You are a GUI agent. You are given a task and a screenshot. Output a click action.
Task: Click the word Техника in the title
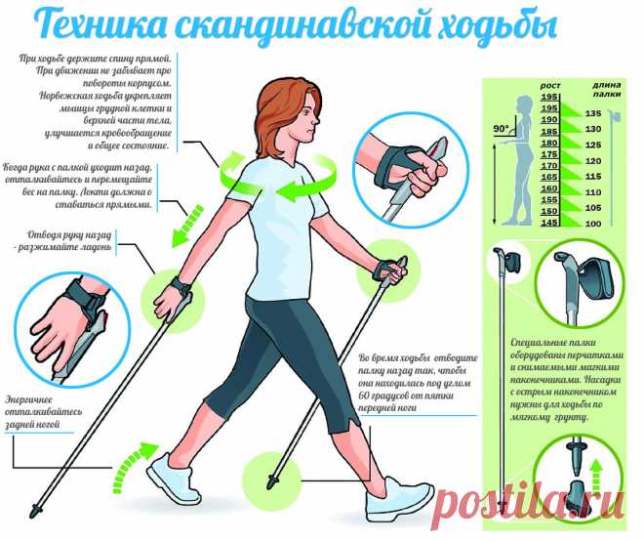(x=99, y=25)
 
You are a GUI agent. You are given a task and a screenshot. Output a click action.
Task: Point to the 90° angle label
(x=501, y=129)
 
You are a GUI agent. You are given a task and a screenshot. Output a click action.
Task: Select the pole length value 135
(x=592, y=113)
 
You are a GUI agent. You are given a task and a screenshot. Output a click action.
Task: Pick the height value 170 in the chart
(x=549, y=166)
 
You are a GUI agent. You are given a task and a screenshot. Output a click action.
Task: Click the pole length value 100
(x=592, y=224)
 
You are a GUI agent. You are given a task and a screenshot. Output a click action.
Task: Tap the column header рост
(x=549, y=86)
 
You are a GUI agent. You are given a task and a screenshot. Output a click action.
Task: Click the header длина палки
(x=606, y=89)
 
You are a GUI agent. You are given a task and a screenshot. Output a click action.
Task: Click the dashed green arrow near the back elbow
(x=187, y=226)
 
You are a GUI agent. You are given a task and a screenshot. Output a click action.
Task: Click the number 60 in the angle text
(x=364, y=395)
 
